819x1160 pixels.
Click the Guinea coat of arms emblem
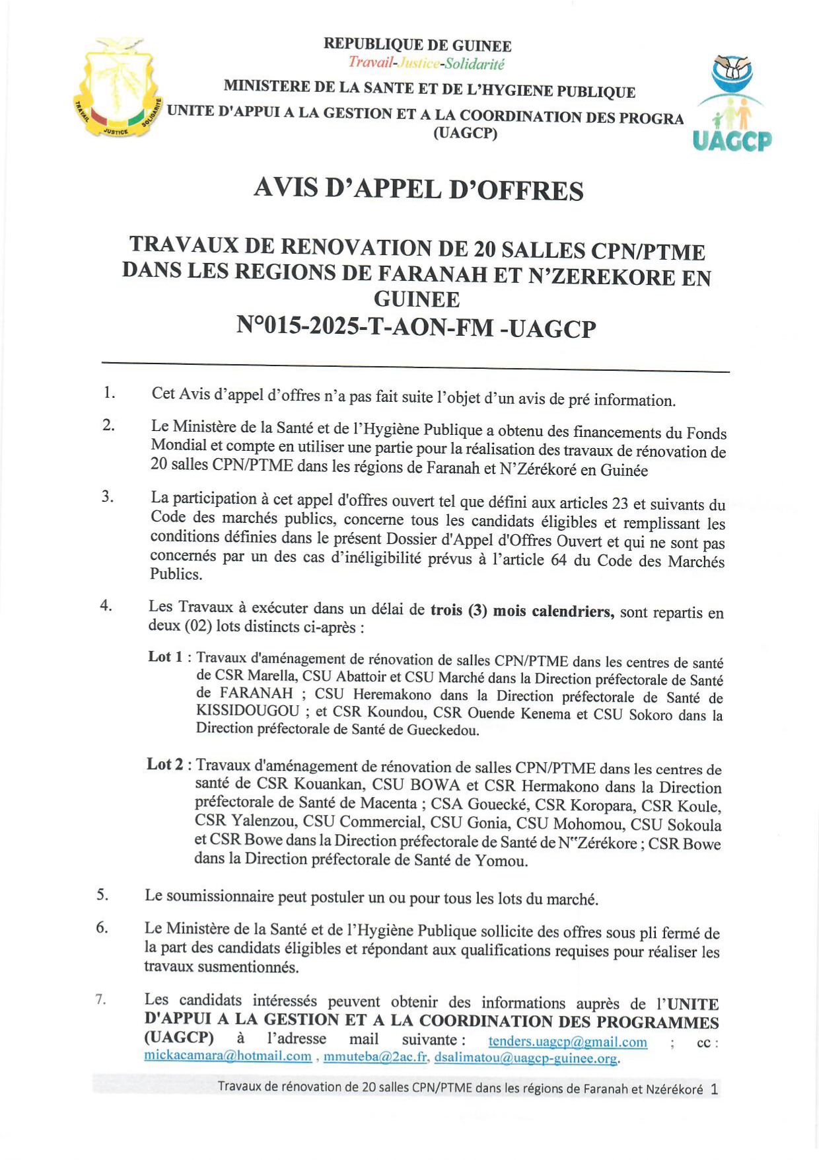(117, 88)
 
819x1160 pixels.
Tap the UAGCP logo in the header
(732, 104)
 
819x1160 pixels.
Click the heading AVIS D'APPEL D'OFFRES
(418, 190)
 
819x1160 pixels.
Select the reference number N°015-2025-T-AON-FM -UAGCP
(416, 327)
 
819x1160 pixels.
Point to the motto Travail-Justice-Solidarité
(426, 63)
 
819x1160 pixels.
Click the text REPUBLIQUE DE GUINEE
(417, 45)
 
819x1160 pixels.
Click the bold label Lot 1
(165, 657)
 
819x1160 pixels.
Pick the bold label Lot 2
(165, 764)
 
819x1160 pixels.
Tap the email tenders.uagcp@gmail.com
(567, 1042)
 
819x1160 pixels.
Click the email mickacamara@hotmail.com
(228, 1056)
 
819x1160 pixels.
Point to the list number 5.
(102, 895)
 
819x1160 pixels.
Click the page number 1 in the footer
(714, 1089)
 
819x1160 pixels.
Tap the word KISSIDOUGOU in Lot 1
(248, 711)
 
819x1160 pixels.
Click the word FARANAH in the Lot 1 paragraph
(256, 693)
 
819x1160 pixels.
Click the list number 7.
(100, 999)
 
